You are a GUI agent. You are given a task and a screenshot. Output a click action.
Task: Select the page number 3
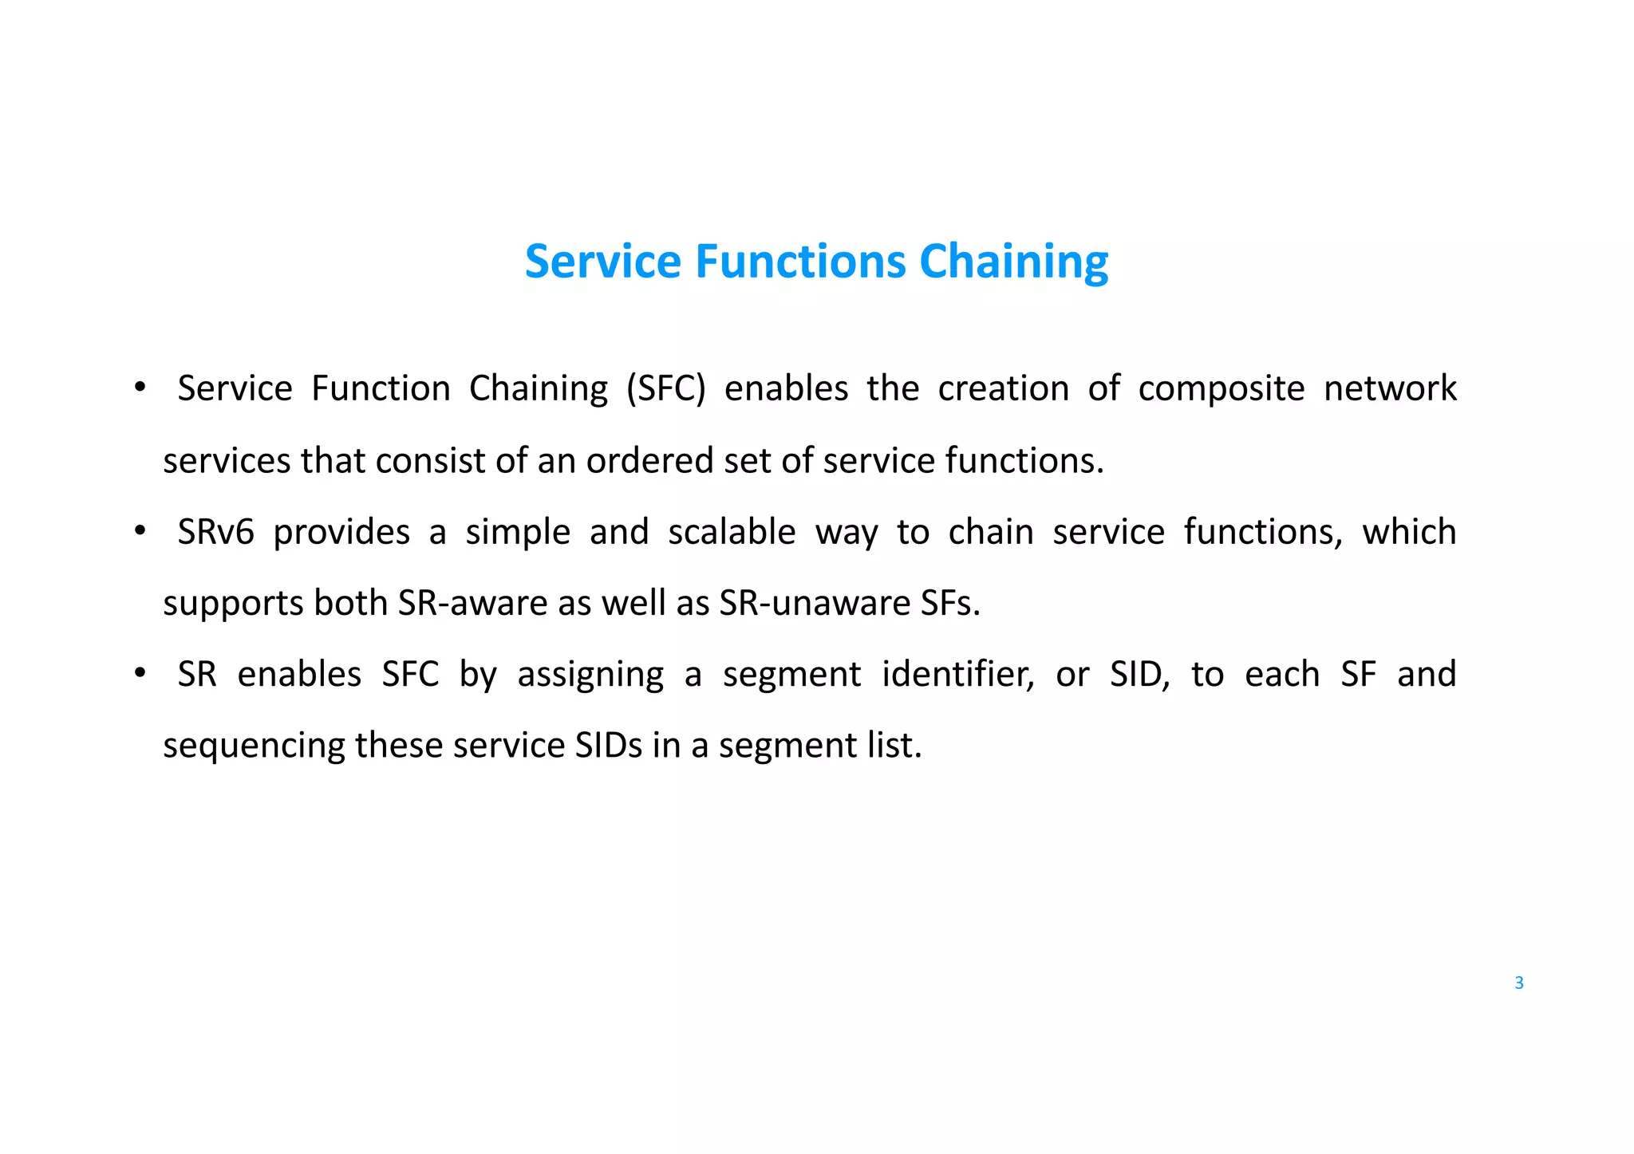1518,983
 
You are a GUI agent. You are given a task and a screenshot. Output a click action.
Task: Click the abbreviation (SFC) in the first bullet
666,389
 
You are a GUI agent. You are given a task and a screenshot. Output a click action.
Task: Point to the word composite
1221,389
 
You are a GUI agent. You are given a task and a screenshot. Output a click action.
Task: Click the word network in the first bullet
1390,389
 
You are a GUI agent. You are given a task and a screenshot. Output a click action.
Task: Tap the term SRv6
215,532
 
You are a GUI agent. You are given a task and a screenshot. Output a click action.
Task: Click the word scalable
732,532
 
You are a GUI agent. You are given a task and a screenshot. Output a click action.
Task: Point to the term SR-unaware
814,603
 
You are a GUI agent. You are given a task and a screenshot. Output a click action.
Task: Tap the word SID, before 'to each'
1139,675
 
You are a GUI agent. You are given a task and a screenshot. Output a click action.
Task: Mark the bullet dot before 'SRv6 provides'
140,530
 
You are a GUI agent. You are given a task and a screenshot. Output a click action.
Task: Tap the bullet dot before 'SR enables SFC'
140,673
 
